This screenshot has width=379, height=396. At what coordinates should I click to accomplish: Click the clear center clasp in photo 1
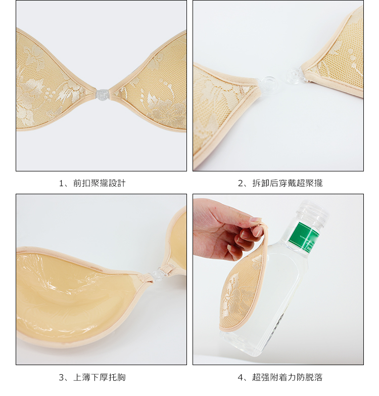click(102, 94)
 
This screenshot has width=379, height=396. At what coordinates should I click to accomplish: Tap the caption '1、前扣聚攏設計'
click(92, 183)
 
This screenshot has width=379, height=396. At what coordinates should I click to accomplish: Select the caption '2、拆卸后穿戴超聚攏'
click(280, 183)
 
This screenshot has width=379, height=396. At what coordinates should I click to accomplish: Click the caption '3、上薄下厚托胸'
click(92, 377)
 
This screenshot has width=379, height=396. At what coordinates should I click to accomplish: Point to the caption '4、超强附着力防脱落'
click(280, 377)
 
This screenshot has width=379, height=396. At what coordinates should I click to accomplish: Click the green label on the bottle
click(305, 236)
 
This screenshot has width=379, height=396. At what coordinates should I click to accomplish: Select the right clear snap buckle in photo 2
click(295, 74)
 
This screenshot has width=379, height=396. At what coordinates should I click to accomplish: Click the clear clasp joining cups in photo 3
click(157, 275)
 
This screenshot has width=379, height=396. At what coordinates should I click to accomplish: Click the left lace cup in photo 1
click(51, 81)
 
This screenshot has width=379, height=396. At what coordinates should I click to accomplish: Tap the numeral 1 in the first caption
click(61, 184)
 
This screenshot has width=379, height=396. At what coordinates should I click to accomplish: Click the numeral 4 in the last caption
click(240, 378)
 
